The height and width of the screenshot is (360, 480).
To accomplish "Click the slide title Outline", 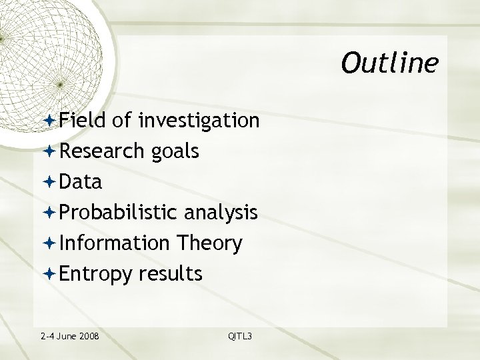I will point(389,63).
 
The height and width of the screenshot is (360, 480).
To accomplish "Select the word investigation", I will point(199,121).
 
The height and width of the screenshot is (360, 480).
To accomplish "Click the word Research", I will point(101,151).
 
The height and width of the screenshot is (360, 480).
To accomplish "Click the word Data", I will point(80,182).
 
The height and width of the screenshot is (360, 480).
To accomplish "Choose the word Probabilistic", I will point(117,213).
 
